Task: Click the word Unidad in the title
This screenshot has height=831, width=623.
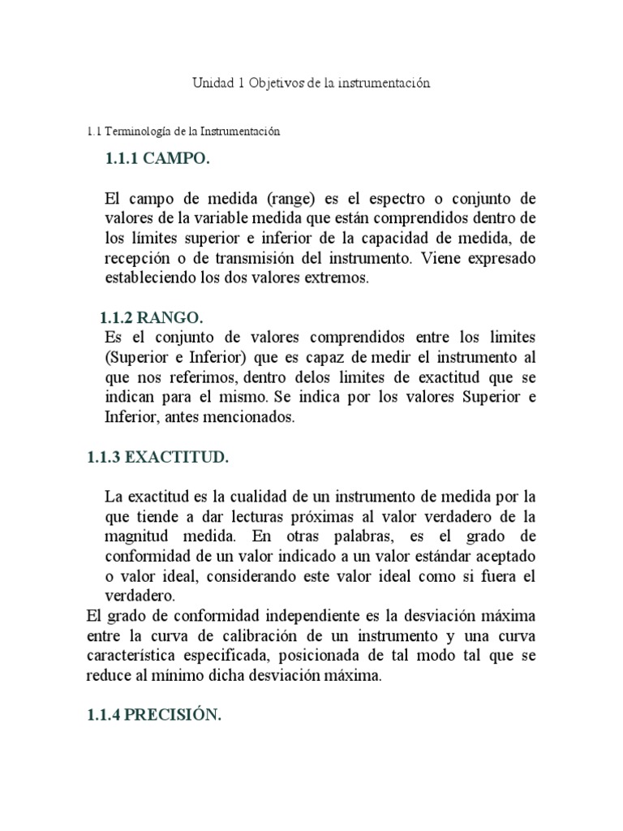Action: [x=212, y=84]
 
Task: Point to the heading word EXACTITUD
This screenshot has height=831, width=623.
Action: [x=184, y=458]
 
